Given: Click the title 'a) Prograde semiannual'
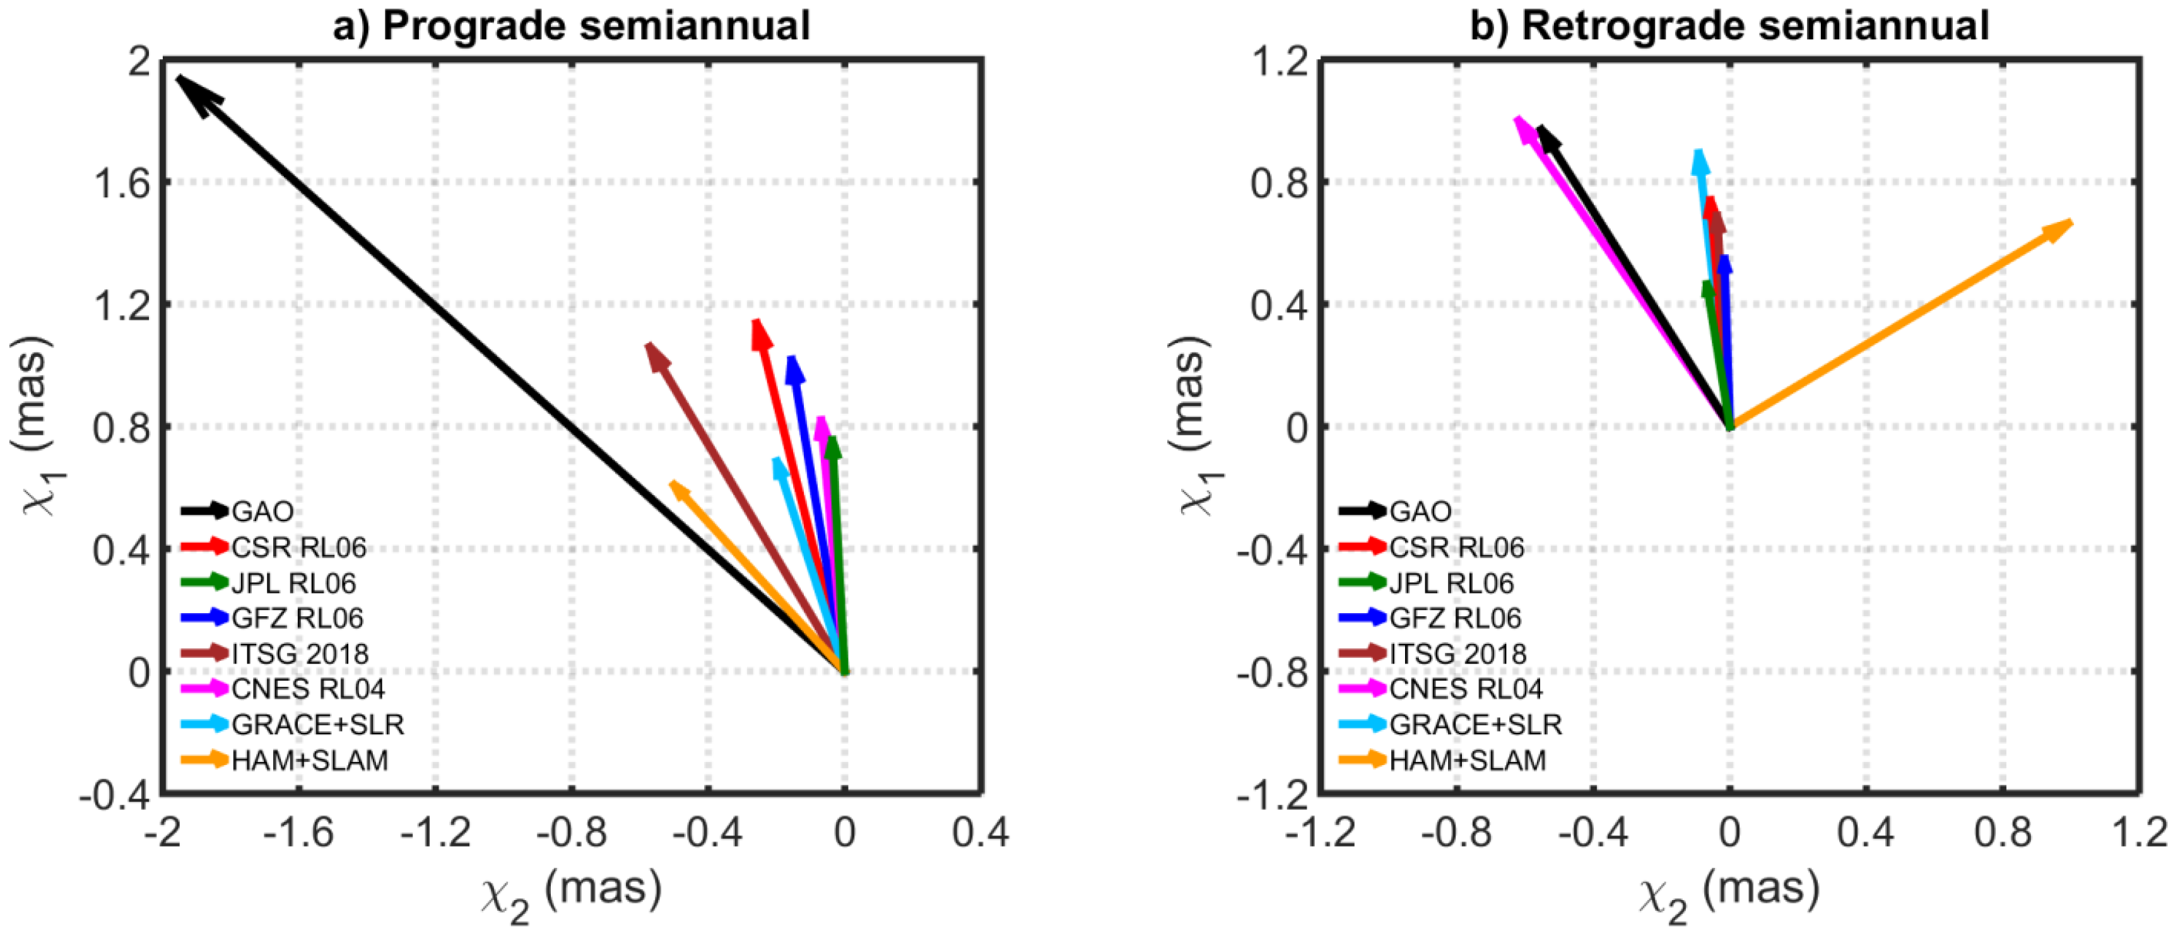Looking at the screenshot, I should [572, 25].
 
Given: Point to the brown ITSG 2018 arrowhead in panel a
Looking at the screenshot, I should [656, 354].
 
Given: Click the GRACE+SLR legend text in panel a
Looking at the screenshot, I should [318, 725].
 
